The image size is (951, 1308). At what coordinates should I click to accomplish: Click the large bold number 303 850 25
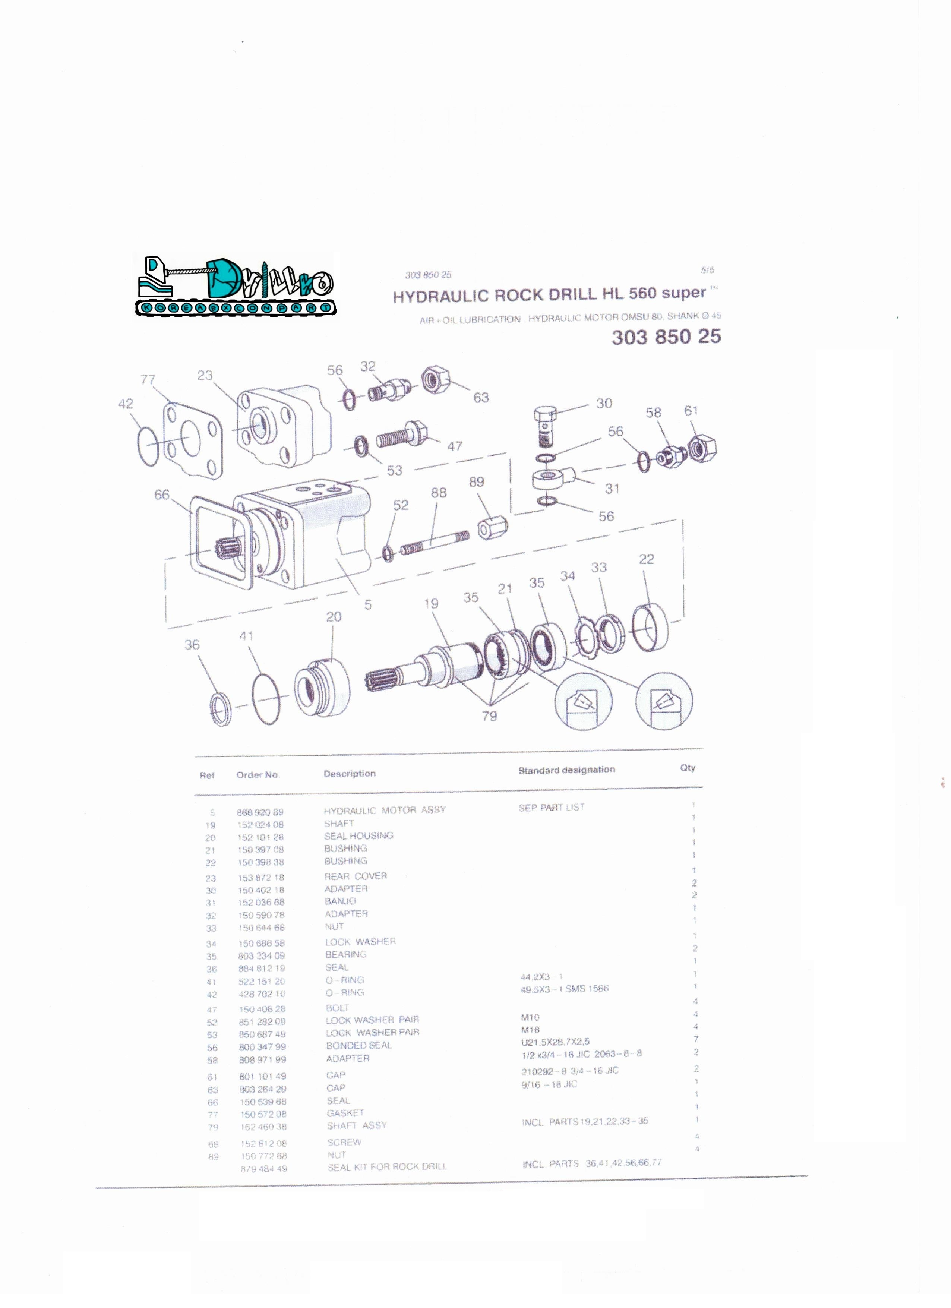666,337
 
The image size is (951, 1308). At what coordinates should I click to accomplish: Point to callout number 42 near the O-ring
126,404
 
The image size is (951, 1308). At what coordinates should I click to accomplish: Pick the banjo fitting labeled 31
553,477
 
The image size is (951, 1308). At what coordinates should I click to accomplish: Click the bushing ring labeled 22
650,626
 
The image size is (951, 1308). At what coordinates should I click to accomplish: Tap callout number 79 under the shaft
489,716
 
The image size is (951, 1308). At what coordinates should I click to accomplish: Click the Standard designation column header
566,770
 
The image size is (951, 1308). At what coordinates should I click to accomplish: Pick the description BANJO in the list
340,901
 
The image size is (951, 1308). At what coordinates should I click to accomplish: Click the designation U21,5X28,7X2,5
555,1042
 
